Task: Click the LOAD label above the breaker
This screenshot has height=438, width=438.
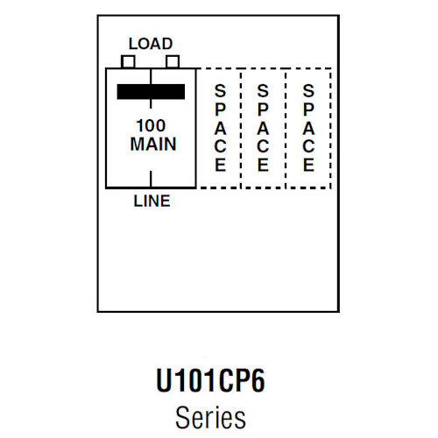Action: pyautogui.click(x=150, y=43)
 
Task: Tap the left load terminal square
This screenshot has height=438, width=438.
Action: pyautogui.click(x=128, y=61)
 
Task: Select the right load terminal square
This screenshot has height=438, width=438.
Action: pyautogui.click(x=173, y=61)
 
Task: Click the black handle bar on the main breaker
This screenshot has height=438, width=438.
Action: pyautogui.click(x=150, y=92)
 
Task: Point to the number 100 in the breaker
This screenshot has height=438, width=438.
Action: pyautogui.click(x=151, y=125)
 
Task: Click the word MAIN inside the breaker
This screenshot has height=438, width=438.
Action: pyautogui.click(x=151, y=143)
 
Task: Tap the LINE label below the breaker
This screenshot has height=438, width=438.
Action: pyautogui.click(x=152, y=201)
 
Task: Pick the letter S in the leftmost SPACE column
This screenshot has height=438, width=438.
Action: pyautogui.click(x=220, y=90)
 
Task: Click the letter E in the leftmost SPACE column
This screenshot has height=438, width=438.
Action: pyautogui.click(x=220, y=164)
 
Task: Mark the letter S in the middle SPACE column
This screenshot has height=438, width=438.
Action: pyautogui.click(x=263, y=90)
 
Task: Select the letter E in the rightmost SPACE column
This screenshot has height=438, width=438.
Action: pyautogui.click(x=307, y=164)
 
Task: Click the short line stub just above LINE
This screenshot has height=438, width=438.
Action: pyautogui.click(x=151, y=191)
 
